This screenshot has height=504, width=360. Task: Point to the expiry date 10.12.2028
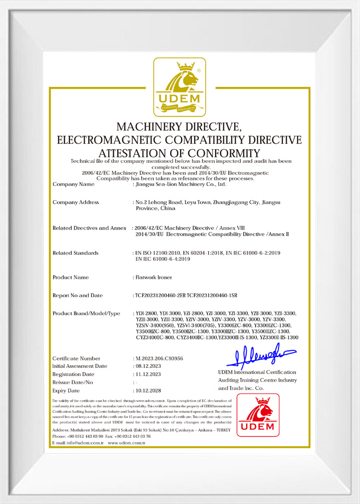click(148, 391)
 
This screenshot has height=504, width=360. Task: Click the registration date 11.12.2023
click(148, 374)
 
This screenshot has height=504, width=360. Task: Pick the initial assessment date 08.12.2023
click(148, 366)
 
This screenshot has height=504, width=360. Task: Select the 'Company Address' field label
click(76, 202)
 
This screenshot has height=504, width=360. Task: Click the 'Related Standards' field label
click(76, 253)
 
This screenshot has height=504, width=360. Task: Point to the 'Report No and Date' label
click(78, 296)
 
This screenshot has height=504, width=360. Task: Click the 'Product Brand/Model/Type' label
click(86, 313)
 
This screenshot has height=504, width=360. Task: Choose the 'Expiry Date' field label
click(68, 391)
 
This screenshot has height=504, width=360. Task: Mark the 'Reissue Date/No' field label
click(74, 383)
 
